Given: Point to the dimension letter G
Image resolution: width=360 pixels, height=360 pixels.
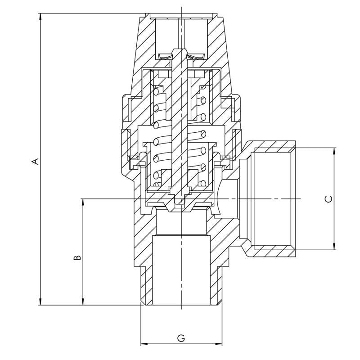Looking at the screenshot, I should point(181,337).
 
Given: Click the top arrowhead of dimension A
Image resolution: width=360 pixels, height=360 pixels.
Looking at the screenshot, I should point(41,17).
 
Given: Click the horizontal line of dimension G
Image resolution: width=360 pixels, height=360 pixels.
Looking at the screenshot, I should point(198,344).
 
